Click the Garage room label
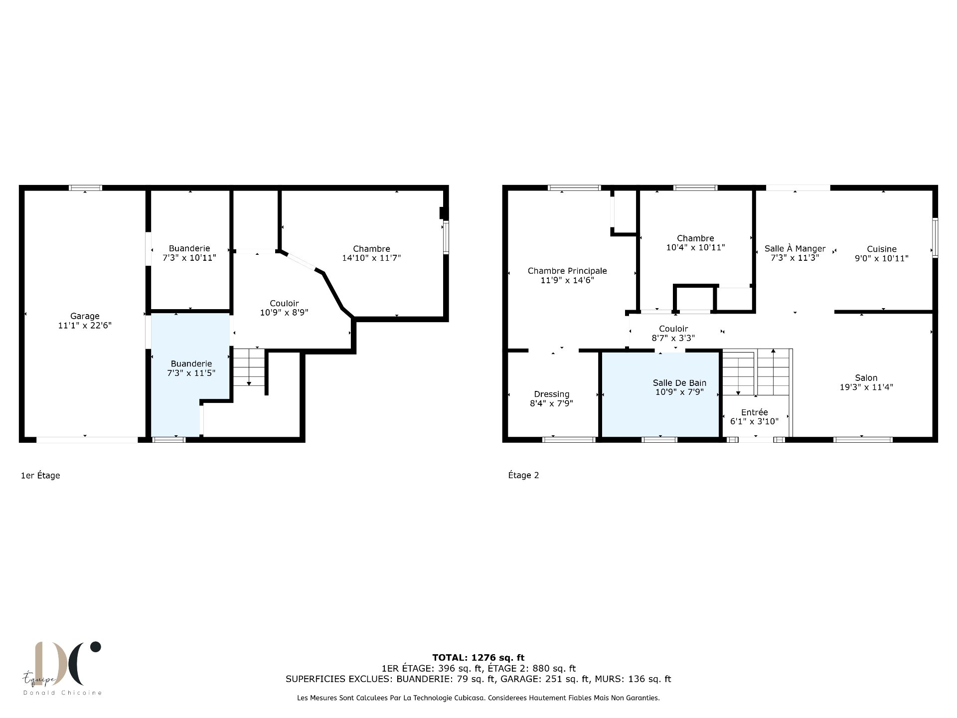85,321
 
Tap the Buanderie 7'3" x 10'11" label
189,253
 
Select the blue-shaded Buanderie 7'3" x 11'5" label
191,368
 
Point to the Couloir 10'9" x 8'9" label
284,308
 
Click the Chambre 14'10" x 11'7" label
371,253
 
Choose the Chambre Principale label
567,275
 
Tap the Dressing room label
551,398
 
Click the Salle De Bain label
679,387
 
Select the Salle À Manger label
795,253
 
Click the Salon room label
866,382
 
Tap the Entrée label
754,417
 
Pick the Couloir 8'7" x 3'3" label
673,333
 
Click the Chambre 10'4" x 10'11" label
695,243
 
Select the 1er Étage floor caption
40,475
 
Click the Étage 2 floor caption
523,475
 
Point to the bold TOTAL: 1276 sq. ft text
478,658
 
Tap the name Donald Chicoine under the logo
62,693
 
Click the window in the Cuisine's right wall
935,238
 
